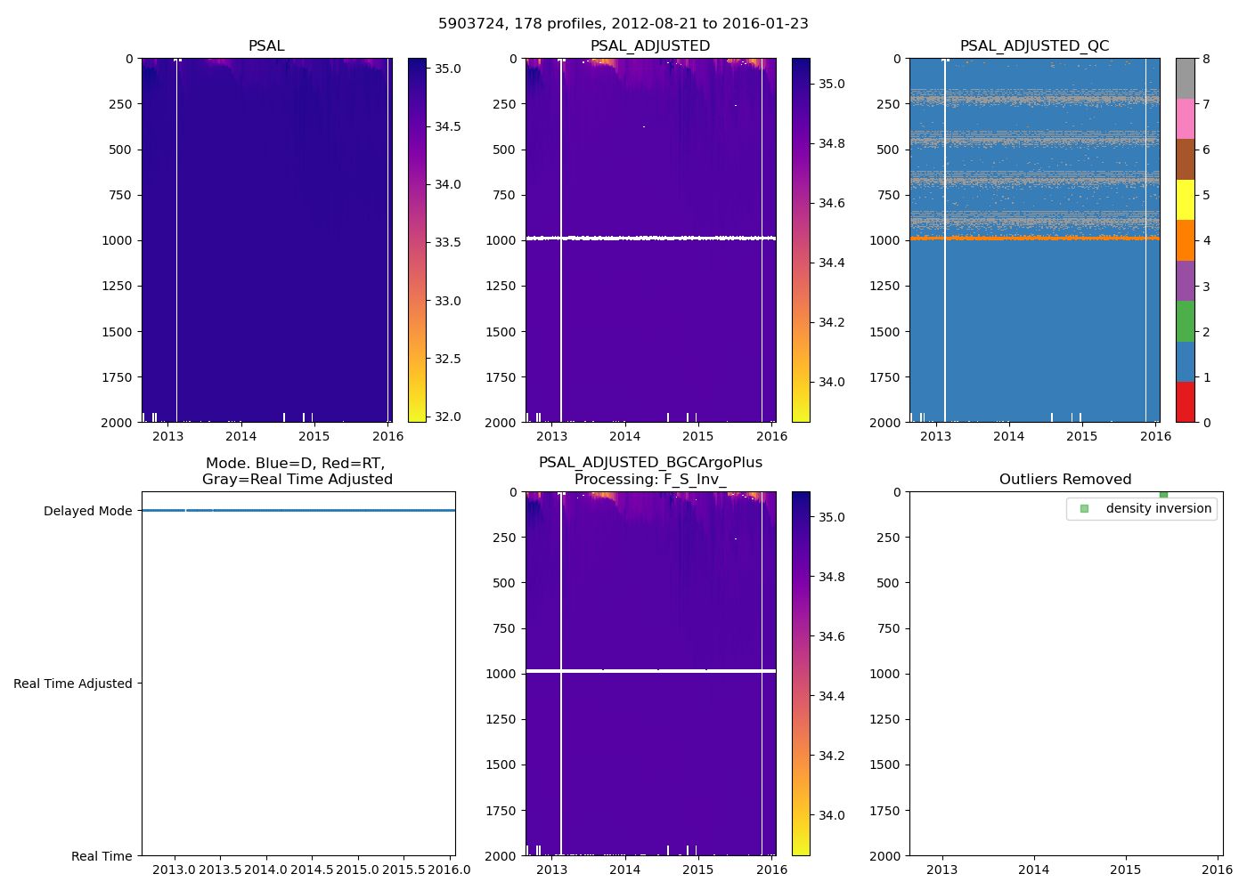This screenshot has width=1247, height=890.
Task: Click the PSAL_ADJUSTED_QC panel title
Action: tap(1034, 46)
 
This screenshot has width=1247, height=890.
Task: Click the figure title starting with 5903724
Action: tap(623, 24)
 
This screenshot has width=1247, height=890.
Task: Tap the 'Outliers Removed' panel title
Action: tap(1065, 480)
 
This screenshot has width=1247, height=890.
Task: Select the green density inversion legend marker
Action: tap(1084, 509)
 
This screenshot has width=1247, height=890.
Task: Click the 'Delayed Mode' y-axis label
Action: tap(87, 511)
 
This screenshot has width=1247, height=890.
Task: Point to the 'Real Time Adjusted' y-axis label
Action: tap(73, 684)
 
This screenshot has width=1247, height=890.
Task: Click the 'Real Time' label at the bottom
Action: tap(102, 856)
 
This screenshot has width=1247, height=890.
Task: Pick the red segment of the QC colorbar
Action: tap(1185, 402)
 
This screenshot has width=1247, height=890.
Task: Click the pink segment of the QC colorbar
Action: tap(1185, 118)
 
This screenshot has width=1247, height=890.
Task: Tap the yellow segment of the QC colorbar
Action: tap(1185, 199)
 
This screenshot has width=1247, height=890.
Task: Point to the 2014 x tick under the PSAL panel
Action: tap(240, 436)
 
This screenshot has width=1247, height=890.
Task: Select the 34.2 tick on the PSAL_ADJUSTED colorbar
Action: tap(832, 322)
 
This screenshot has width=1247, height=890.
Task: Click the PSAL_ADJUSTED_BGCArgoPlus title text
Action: tap(650, 463)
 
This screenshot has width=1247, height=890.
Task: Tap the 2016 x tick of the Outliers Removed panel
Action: tap(1218, 870)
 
